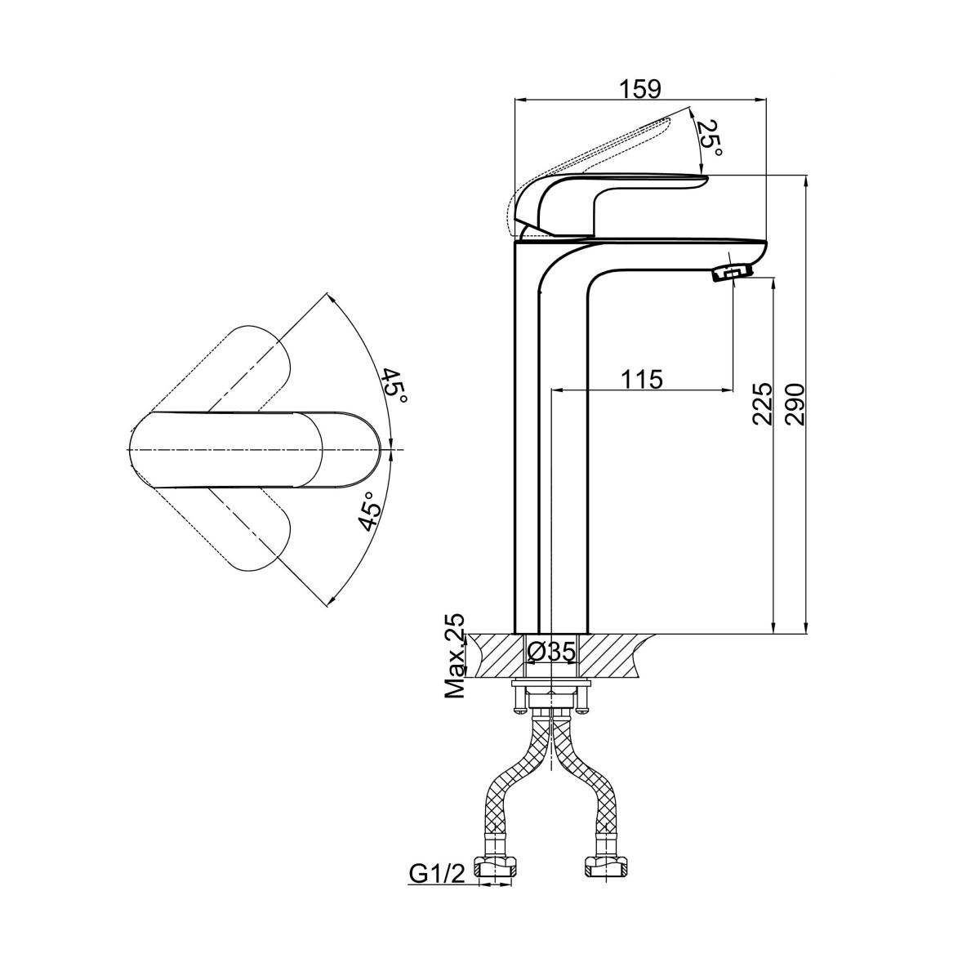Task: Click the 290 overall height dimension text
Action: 794,404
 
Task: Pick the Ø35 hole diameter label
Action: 551,652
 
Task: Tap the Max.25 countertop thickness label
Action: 454,656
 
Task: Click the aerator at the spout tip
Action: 732,274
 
